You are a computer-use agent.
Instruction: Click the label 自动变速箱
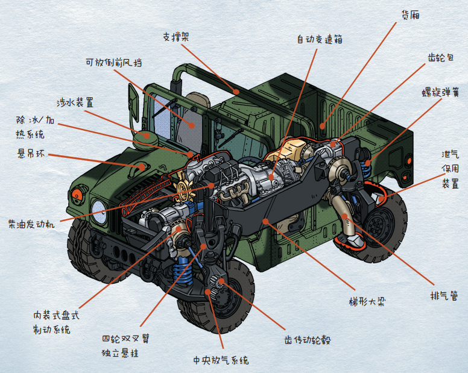click(x=320, y=39)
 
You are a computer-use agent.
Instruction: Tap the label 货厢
click(x=410, y=14)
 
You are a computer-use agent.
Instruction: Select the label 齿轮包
click(x=441, y=57)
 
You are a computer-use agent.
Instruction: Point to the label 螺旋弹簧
click(x=440, y=92)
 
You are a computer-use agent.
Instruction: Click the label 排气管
click(x=444, y=295)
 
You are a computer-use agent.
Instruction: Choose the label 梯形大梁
click(x=367, y=301)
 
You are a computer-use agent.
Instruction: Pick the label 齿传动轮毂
click(x=308, y=340)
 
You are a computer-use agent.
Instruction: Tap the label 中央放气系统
click(x=221, y=360)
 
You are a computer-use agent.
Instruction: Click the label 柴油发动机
click(x=31, y=224)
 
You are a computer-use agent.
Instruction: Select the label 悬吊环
click(x=31, y=154)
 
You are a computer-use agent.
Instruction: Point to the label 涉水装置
click(x=75, y=102)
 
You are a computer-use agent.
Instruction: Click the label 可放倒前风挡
click(x=114, y=62)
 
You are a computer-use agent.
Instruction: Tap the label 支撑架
click(x=176, y=37)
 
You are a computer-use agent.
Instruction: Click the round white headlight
click(x=99, y=212)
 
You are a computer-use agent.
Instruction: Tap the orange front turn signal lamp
click(x=77, y=194)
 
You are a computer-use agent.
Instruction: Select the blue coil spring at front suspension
click(x=183, y=270)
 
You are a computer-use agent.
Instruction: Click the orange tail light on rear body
click(x=409, y=161)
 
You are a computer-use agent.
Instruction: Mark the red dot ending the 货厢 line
click(x=322, y=126)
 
